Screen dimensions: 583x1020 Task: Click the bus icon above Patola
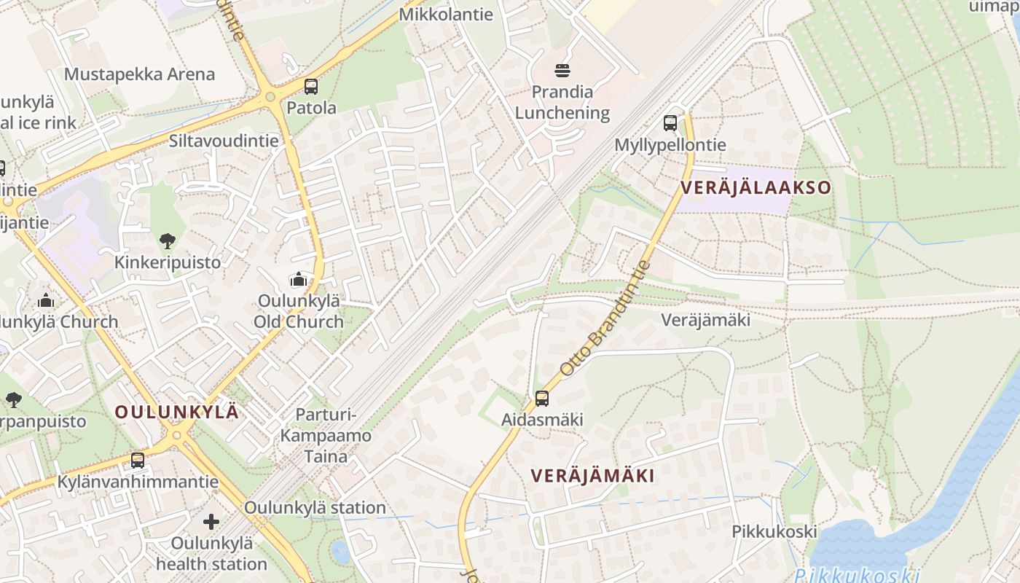(311, 86)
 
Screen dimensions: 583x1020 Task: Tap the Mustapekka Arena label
(139, 74)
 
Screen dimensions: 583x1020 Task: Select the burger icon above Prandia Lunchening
(562, 71)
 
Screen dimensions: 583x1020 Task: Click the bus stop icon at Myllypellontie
(670, 123)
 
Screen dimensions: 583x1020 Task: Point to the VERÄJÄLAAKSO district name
(756, 187)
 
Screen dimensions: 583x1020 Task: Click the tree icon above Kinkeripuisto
(167, 241)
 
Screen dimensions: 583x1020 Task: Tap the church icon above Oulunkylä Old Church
(298, 280)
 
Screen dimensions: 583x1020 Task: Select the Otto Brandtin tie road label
(604, 320)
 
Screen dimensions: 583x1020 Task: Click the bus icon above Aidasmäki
(542, 399)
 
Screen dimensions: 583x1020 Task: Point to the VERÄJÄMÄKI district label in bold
(592, 476)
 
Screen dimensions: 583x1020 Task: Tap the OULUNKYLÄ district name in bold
(177, 412)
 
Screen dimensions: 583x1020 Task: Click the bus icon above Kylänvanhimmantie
(137, 461)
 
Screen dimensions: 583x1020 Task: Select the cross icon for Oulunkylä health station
(211, 522)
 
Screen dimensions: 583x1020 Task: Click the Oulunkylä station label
(315, 507)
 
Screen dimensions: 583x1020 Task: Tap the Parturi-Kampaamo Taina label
(326, 436)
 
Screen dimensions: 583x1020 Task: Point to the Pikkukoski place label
(774, 531)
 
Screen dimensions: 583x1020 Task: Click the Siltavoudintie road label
(224, 141)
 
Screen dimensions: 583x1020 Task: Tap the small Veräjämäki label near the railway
(705, 320)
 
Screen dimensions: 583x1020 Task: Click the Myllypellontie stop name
(670, 144)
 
